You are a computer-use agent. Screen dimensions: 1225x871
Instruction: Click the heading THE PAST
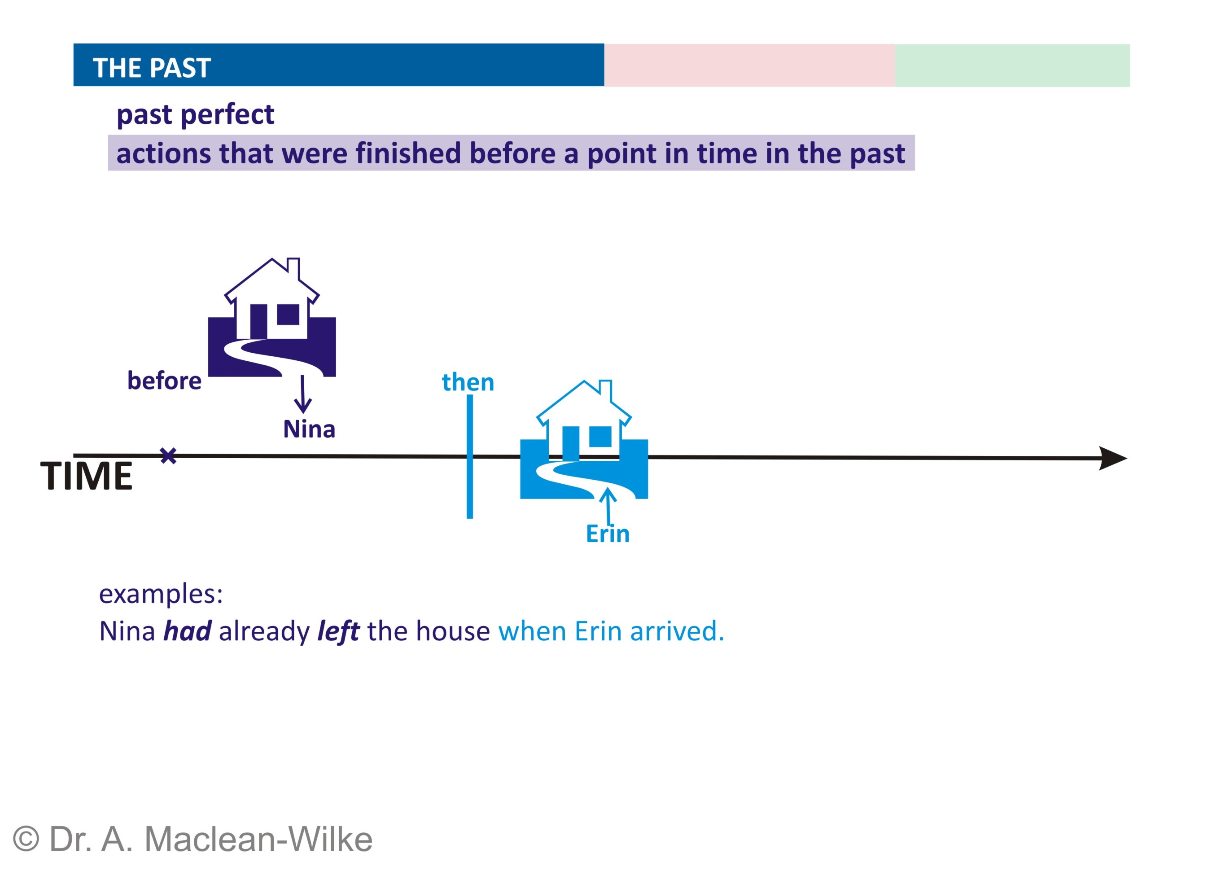152,68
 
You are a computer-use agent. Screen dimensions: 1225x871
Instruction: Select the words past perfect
195,115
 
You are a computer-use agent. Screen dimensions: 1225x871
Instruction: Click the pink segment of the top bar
749,65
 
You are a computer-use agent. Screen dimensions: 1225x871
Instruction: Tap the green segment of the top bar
1012,65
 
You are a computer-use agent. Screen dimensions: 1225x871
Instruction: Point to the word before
164,381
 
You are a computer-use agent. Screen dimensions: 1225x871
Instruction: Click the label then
468,382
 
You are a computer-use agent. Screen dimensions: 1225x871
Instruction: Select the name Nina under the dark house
309,429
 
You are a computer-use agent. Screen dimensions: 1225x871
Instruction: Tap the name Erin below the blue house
608,534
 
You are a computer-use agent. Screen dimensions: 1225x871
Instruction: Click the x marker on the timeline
168,456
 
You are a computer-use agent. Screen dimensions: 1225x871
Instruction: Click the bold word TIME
86,476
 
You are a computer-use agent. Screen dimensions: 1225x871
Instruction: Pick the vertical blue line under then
470,457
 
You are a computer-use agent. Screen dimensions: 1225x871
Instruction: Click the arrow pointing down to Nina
302,394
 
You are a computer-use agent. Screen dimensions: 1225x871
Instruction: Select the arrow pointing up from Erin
608,506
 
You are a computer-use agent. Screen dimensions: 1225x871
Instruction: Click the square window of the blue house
600,437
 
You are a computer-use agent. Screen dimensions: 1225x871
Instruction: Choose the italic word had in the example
187,631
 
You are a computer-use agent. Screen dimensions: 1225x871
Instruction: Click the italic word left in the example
338,631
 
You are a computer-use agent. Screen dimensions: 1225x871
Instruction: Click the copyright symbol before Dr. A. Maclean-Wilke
26,839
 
